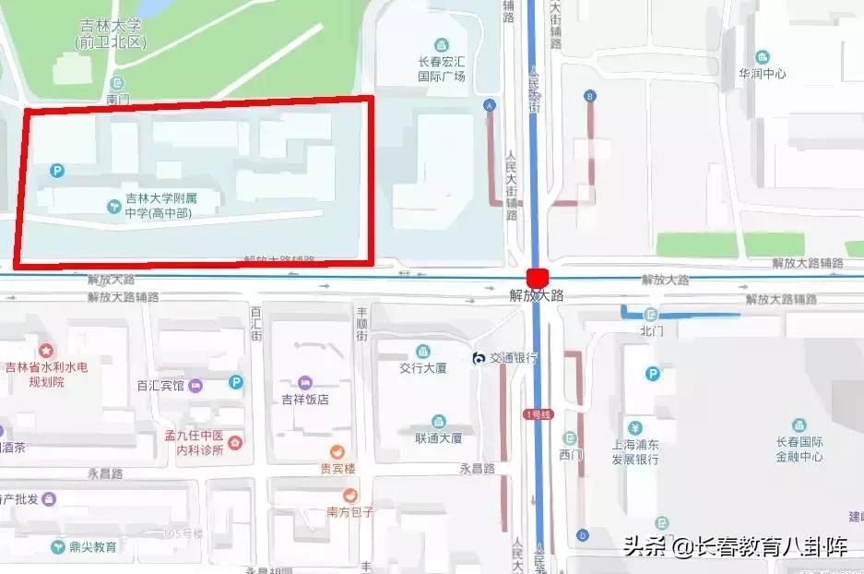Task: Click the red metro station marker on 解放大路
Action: point(536,278)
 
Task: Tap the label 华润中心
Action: point(762,73)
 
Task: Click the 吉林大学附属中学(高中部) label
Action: point(160,205)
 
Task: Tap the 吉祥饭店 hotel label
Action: point(305,399)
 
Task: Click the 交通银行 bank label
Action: point(513,358)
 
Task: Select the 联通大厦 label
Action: point(437,437)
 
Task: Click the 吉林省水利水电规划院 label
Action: point(46,374)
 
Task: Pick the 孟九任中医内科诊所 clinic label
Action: point(193,442)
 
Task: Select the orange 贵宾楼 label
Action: point(337,468)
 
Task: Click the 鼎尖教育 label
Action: point(92,546)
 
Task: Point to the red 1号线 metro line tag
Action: point(537,414)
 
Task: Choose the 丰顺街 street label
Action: point(362,324)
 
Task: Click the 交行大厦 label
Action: point(422,367)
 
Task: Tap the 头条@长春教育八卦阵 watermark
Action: point(736,546)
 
